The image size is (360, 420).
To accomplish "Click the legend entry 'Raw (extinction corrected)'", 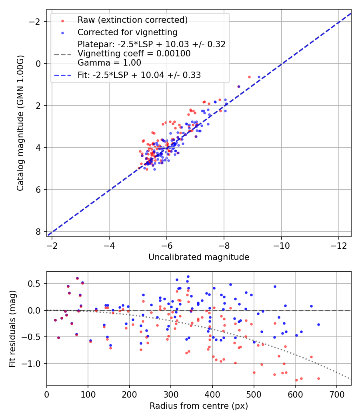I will [132, 20].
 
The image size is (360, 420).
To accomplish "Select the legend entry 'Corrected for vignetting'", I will [127, 32].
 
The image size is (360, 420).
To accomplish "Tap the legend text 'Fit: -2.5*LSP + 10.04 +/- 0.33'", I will [139, 75].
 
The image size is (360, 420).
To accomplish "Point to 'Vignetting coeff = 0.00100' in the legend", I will [134, 54].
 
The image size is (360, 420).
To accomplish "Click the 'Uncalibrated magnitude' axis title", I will [199, 257].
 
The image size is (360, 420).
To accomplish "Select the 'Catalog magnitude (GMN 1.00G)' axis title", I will [20, 123].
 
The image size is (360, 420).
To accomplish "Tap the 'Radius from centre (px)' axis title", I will [199, 406].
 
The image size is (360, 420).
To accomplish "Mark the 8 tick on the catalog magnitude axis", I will [38, 232].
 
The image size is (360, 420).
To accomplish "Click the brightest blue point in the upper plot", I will [259, 77].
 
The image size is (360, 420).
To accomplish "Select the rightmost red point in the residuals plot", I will [318, 378].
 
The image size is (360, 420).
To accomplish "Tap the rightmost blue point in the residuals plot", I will [318, 324].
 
